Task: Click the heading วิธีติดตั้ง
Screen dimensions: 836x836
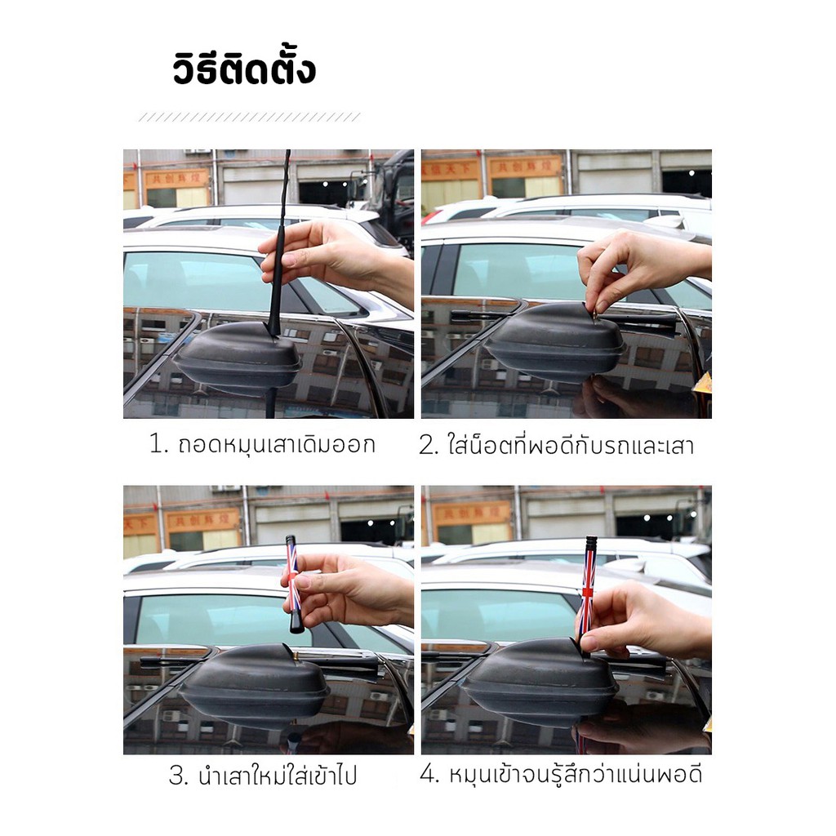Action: coord(244,69)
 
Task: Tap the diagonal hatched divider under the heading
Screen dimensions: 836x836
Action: coord(250,118)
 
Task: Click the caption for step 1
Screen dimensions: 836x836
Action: coord(262,444)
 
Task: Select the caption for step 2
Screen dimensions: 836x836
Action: coord(556,444)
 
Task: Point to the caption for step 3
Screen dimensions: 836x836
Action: coord(262,776)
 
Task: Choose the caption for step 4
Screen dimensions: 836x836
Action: coord(561,774)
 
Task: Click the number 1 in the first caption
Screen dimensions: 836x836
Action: coord(155,443)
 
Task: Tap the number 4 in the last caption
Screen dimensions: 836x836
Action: coord(427,774)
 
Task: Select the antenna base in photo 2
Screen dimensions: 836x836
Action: coord(554,340)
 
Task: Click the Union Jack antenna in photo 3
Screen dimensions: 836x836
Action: coord(293,585)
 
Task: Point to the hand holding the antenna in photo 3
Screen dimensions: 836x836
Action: coord(346,589)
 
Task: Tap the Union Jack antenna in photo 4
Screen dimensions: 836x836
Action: coord(588,594)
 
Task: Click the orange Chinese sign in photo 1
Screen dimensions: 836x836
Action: coord(176,178)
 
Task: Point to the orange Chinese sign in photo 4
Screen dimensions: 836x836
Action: coord(471,514)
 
